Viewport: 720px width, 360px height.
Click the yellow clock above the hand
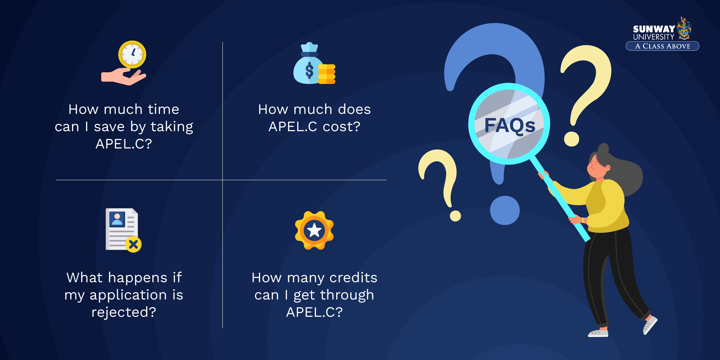coord(132,54)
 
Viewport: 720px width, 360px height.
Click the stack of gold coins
coord(326,74)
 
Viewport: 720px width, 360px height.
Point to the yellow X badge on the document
coord(133,245)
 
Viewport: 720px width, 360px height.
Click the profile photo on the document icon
coord(117,219)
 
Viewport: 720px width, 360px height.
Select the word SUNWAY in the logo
coord(654,29)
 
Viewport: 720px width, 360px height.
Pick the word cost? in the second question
coord(342,127)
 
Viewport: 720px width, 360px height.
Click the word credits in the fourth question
coord(353,278)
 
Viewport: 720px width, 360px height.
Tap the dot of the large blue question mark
coord(505,210)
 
